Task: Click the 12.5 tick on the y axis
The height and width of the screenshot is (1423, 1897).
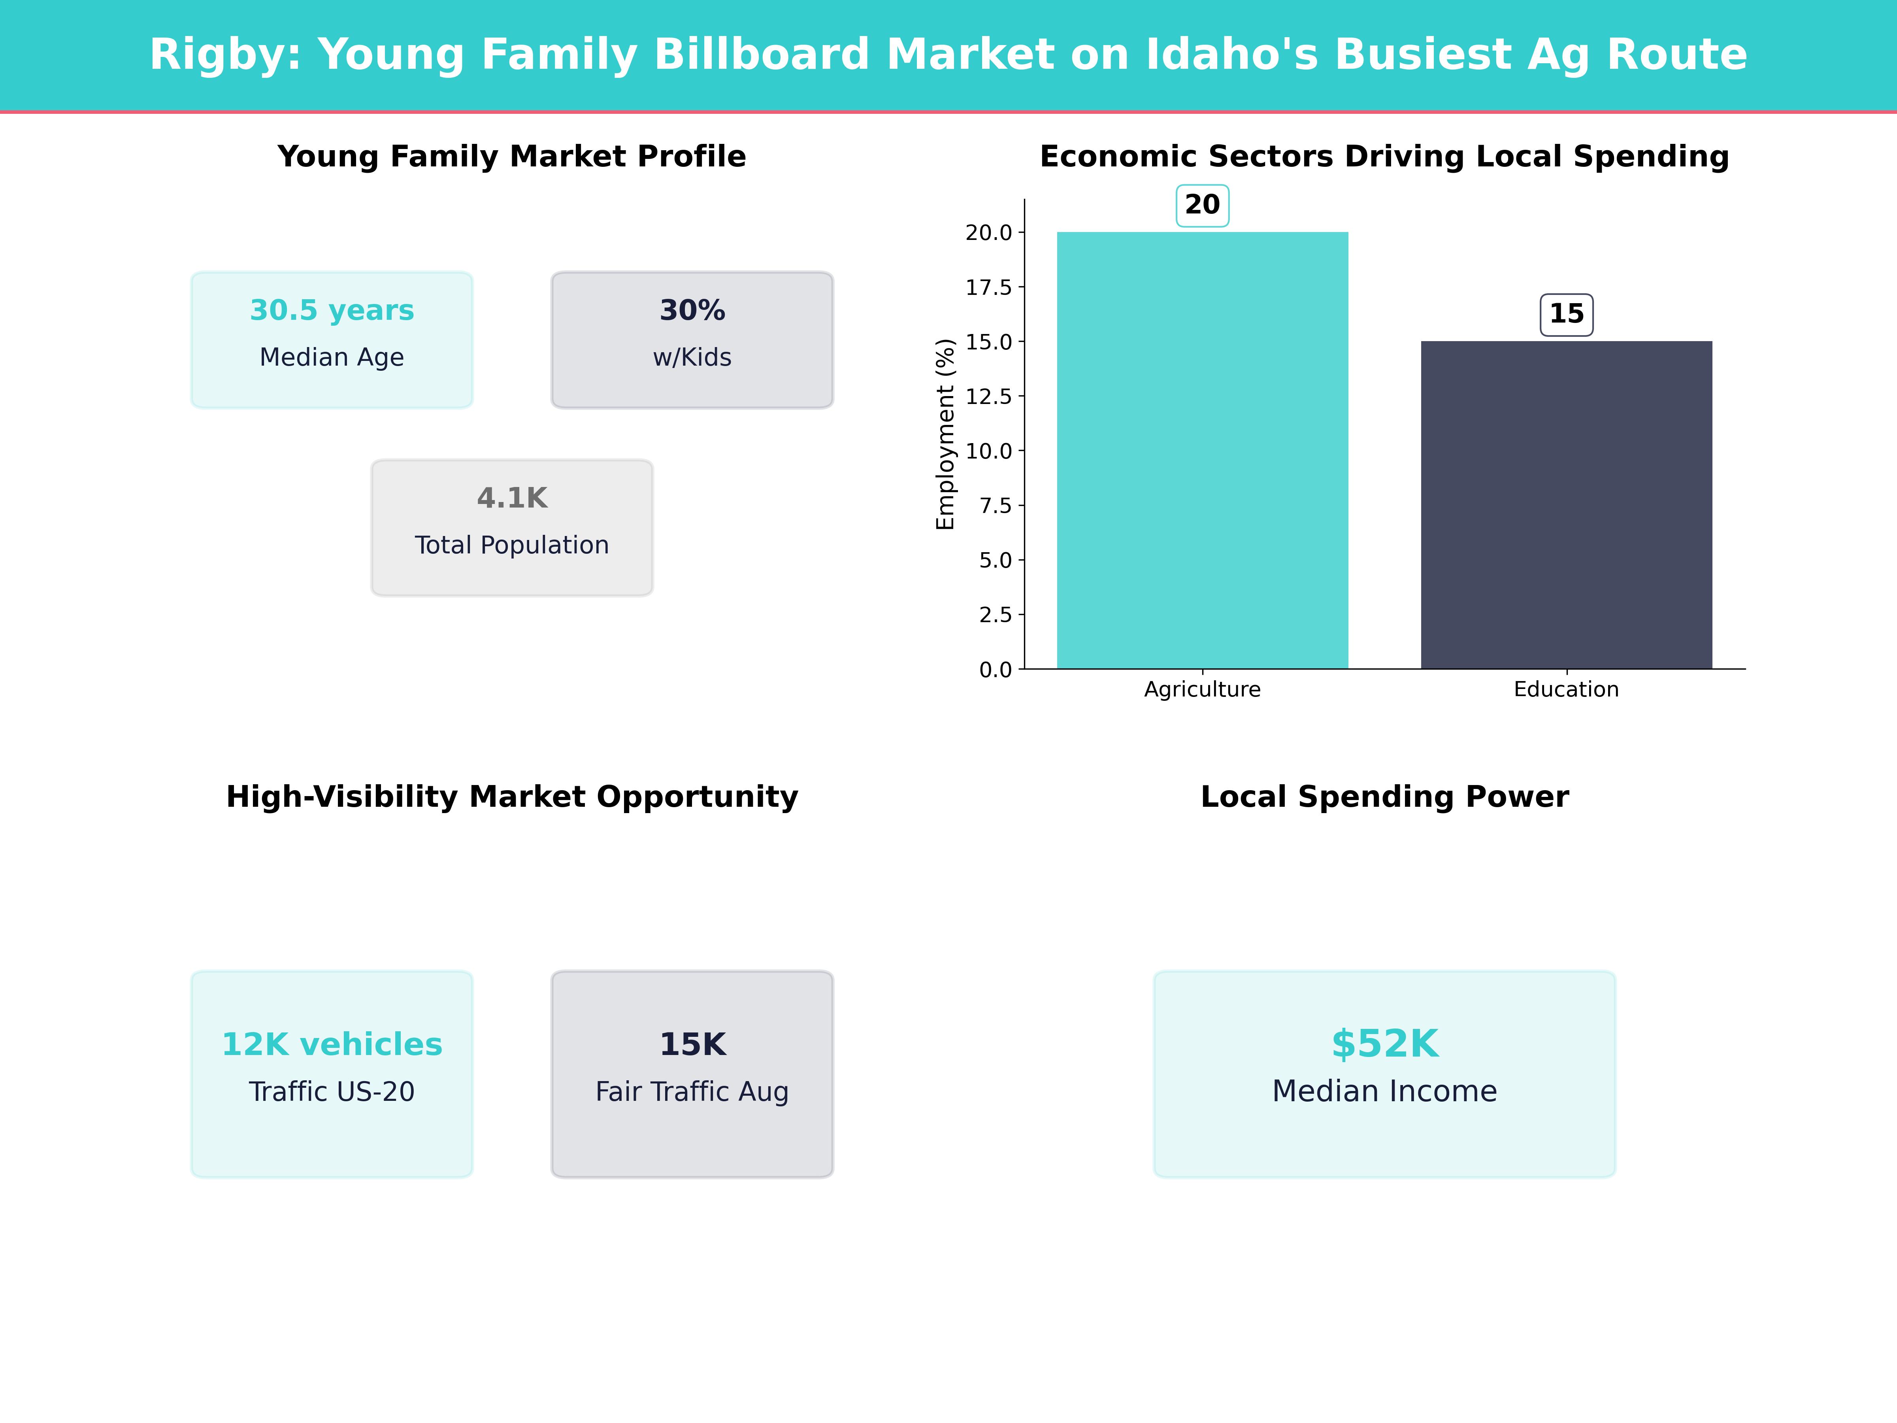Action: coord(989,396)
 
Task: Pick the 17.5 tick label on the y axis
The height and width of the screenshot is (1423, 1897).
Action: coord(989,287)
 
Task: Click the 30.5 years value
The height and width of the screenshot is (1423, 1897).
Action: coord(332,311)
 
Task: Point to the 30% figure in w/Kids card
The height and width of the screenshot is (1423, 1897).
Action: coord(692,311)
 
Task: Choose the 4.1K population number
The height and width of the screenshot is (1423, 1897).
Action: coord(512,498)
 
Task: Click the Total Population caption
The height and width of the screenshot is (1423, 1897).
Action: coord(512,545)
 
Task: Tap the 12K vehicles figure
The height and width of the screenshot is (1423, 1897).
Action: coord(332,1045)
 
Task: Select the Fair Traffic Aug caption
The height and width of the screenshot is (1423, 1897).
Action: coord(692,1092)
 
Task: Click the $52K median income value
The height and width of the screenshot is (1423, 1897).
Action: coord(1384,1044)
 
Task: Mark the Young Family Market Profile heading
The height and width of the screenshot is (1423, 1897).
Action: coord(512,157)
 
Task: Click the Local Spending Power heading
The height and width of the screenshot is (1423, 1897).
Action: coord(1384,797)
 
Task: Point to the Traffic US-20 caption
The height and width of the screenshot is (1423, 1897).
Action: coord(332,1092)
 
